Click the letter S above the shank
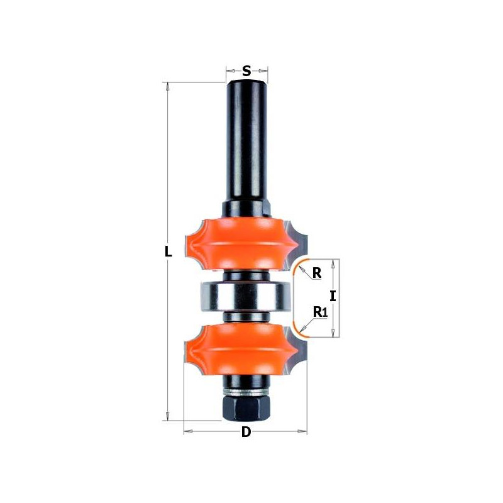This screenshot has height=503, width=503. [246, 71]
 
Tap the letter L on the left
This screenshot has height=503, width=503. [168, 252]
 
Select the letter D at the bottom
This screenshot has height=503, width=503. [246, 432]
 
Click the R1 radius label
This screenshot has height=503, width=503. [320, 311]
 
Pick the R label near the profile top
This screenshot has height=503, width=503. [317, 273]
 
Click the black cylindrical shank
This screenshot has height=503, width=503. [246, 138]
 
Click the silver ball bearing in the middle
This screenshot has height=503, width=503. [245, 296]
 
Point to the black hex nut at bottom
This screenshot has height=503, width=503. [245, 408]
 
